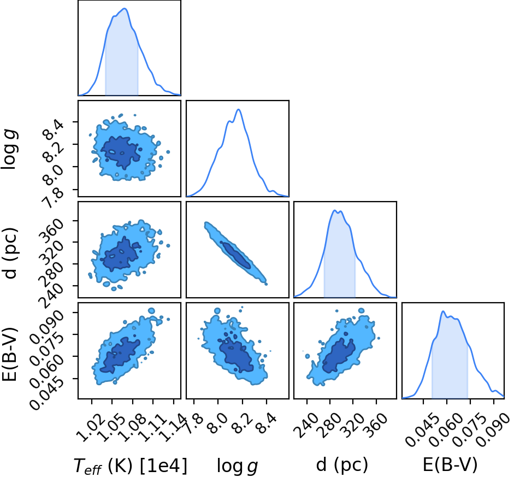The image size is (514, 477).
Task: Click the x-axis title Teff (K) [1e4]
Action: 131,465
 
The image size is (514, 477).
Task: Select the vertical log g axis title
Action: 9,149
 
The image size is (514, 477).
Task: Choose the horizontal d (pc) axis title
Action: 342,465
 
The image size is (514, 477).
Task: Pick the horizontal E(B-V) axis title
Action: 450,465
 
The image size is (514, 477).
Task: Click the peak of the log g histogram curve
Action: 239,109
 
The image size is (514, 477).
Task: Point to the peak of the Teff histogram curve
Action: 125,9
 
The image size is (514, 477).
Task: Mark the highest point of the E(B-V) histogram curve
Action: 443,311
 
